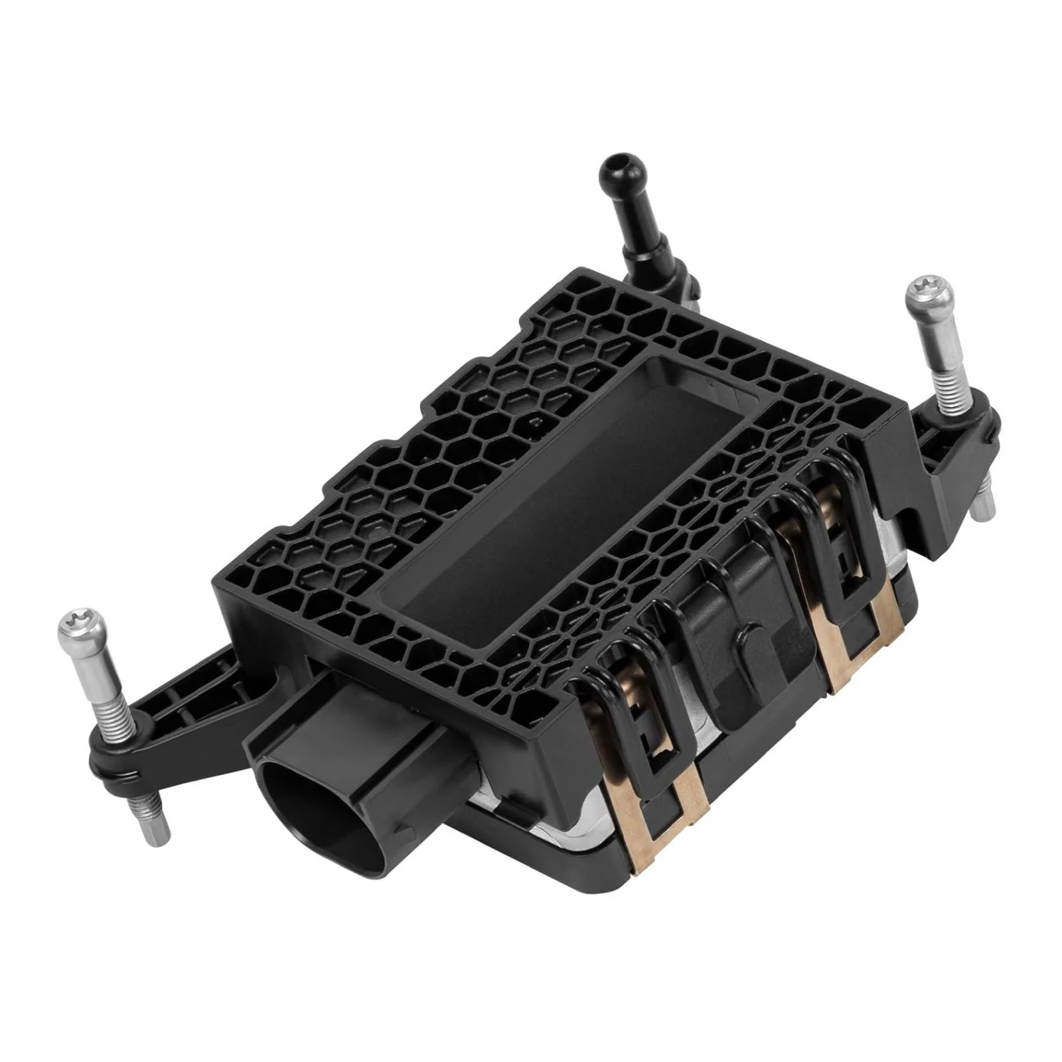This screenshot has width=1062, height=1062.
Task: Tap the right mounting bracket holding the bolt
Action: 956,451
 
